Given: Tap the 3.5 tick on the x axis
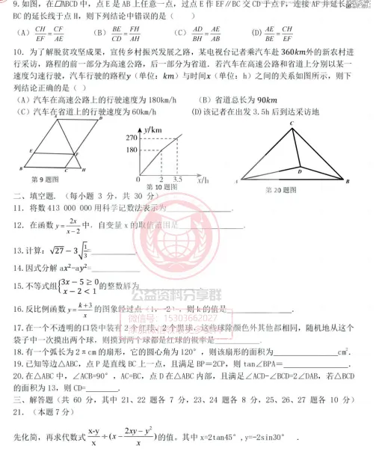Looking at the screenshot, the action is pos(177,180).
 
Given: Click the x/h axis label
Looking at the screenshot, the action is pos(203,180).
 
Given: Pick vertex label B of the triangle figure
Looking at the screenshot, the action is pos(348,180).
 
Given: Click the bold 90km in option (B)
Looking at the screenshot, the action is pos(267,100).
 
